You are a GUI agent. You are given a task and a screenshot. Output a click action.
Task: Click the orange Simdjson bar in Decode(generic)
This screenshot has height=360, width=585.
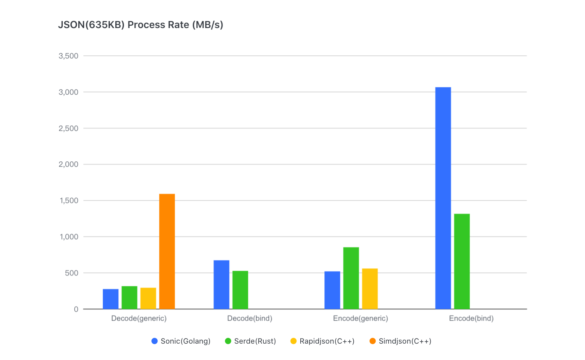[x=167, y=251]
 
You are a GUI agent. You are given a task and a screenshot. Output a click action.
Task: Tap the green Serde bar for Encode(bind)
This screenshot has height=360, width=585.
[x=462, y=261]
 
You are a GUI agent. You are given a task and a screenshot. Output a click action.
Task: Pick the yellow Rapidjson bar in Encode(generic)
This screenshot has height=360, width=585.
[x=370, y=289]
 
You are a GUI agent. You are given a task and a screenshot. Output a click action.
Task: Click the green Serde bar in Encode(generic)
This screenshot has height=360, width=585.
[x=351, y=278]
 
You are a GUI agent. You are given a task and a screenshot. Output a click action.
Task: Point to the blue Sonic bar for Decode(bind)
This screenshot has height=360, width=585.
[x=221, y=284]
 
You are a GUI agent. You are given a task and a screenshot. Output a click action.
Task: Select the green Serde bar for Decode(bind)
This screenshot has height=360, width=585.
[x=240, y=290]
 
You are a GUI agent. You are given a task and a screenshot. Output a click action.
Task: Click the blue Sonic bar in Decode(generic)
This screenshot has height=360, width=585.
[x=111, y=299]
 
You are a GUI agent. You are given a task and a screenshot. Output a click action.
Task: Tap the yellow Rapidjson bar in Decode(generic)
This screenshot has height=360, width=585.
[x=148, y=298]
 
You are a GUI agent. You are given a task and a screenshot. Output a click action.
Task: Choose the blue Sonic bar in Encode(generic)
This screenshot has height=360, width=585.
[x=332, y=290]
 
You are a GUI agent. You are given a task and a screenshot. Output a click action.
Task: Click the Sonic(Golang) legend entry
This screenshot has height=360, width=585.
[x=181, y=341]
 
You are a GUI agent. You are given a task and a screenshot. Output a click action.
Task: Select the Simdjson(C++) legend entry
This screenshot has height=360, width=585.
[x=400, y=341]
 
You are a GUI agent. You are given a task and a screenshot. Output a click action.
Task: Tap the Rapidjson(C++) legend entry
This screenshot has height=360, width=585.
[x=322, y=341]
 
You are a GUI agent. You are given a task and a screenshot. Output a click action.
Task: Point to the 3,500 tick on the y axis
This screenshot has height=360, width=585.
[x=69, y=56]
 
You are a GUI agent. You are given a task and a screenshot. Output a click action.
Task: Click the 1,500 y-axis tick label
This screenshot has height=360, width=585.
[x=69, y=201]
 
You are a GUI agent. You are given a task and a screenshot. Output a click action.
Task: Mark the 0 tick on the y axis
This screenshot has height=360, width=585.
[x=76, y=309]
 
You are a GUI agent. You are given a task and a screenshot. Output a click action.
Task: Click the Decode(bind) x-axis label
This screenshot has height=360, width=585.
[x=250, y=318]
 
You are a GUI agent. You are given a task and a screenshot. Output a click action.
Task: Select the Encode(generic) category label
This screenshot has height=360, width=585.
[x=360, y=318]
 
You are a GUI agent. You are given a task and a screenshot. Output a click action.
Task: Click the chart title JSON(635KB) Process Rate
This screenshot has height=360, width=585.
[x=141, y=25]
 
